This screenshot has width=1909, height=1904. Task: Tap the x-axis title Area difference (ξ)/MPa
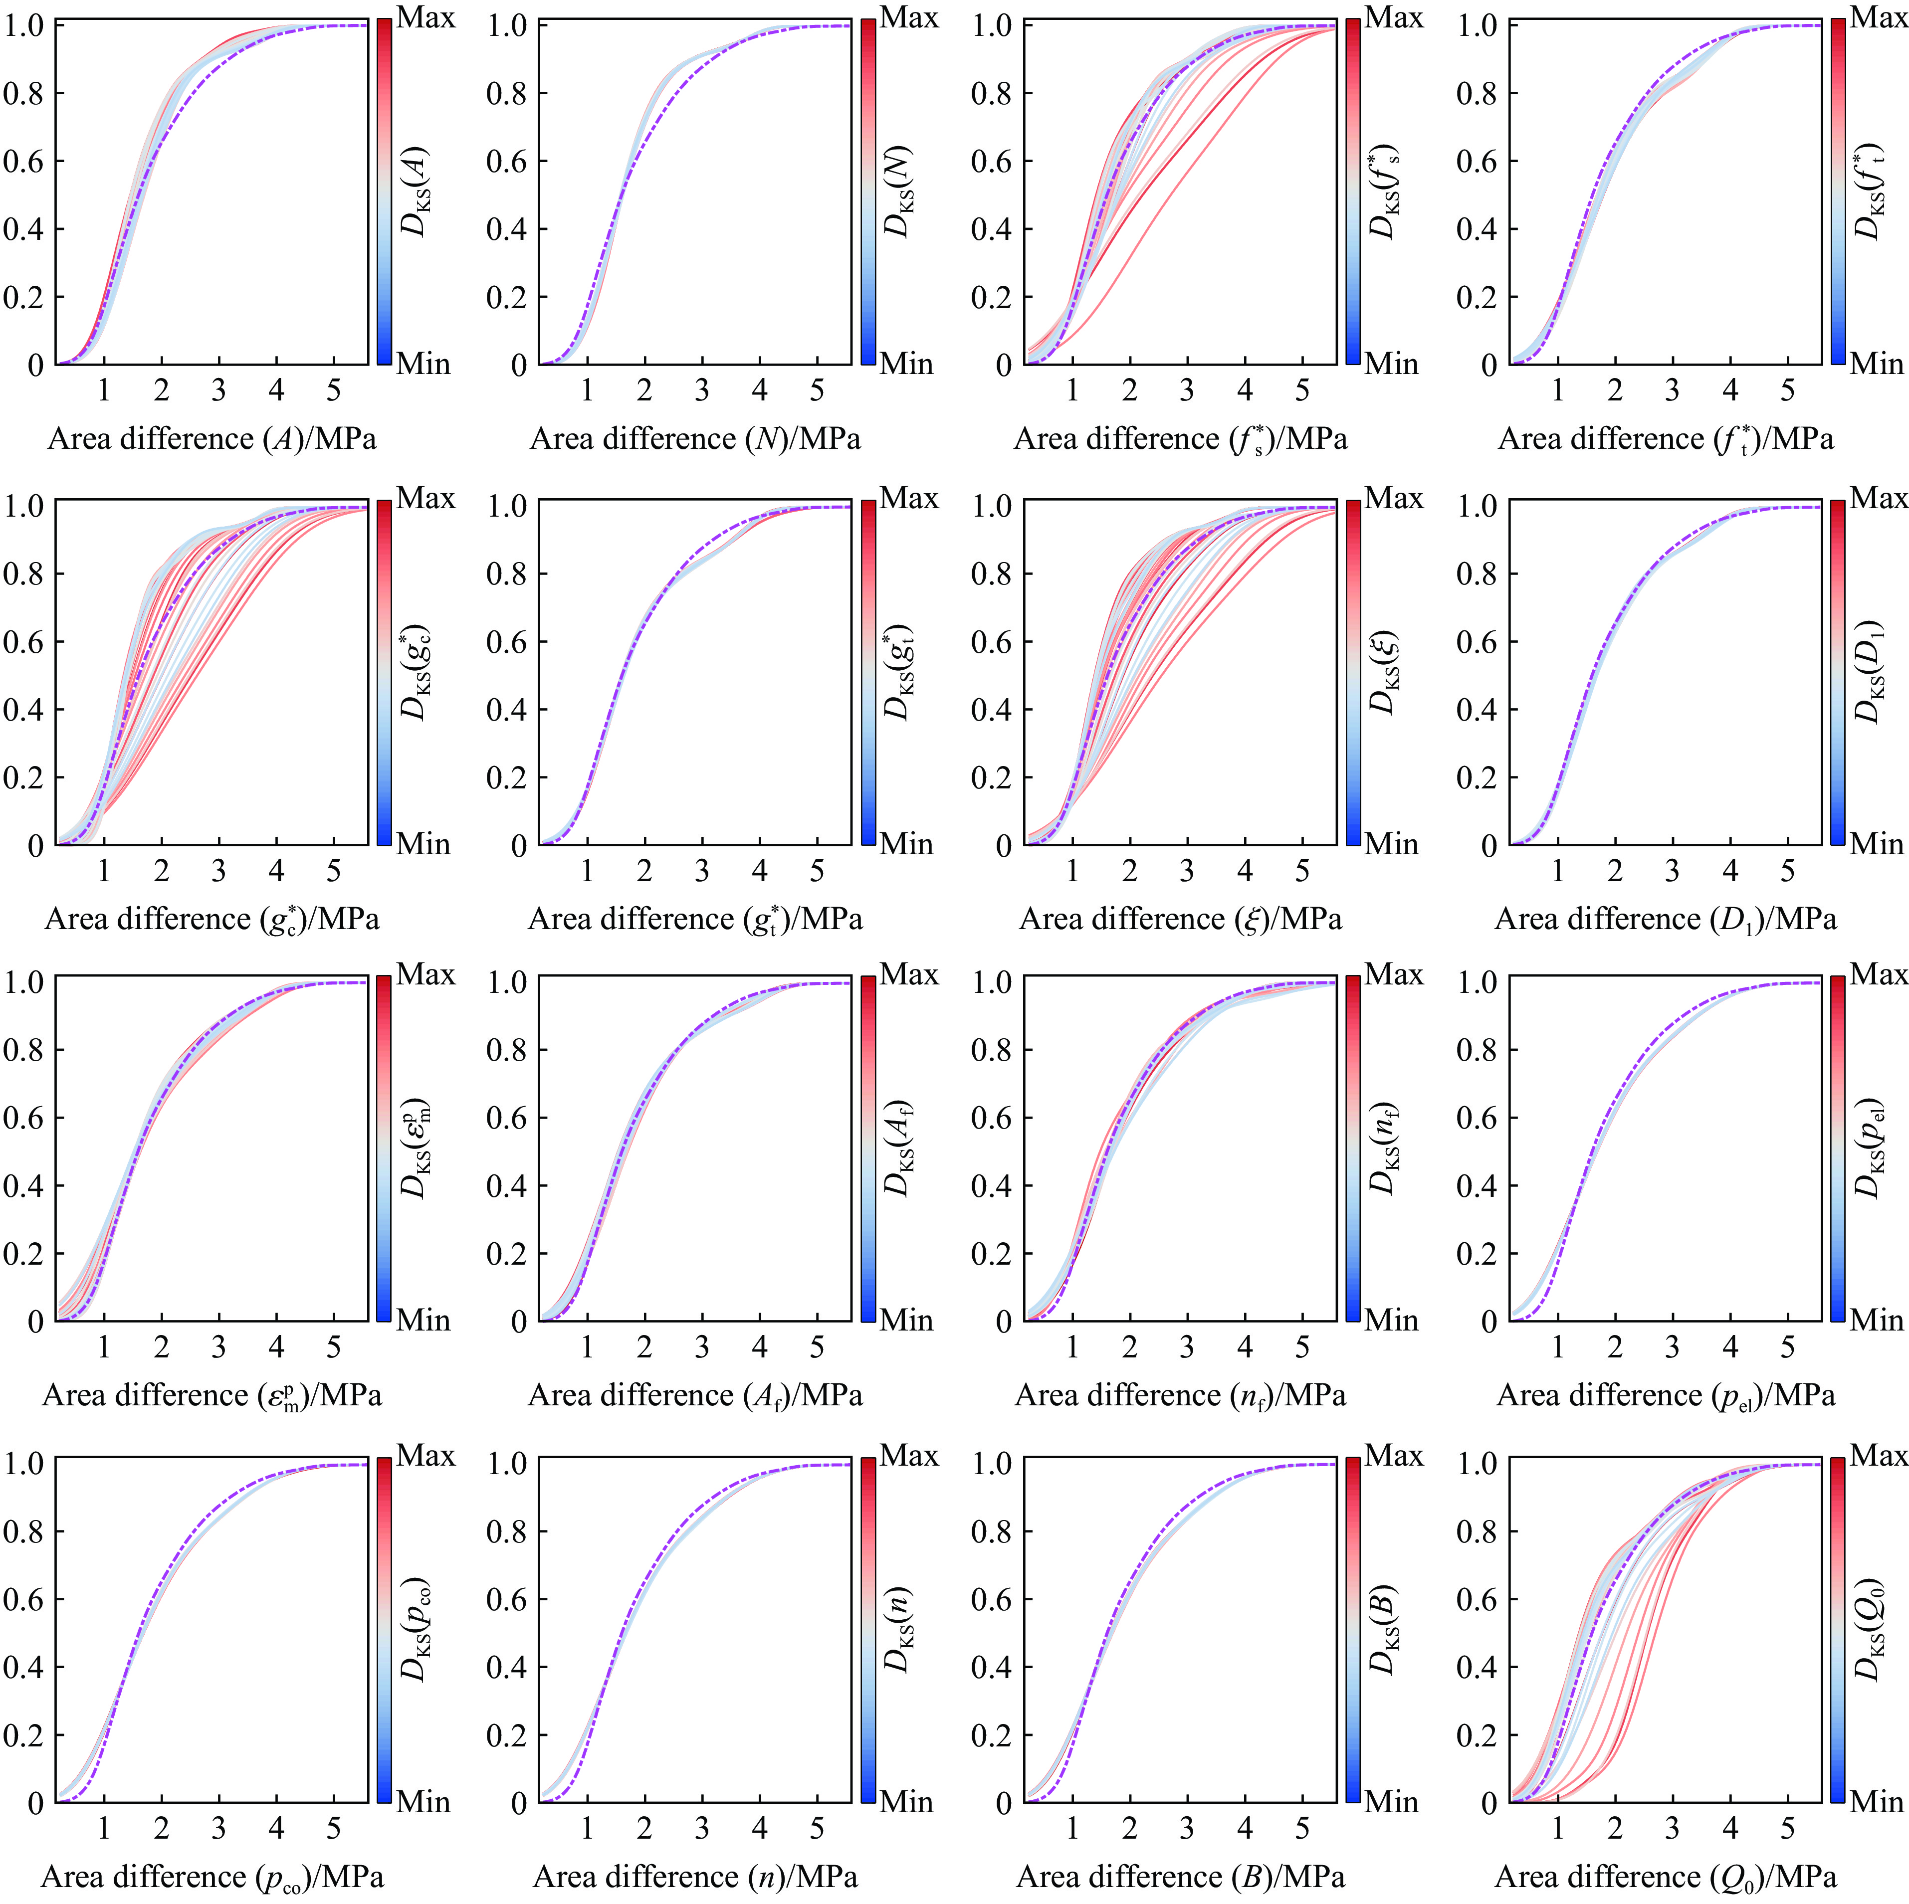(1181, 919)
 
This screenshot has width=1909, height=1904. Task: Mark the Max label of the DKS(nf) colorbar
(1393, 975)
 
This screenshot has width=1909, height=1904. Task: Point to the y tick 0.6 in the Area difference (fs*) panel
(992, 161)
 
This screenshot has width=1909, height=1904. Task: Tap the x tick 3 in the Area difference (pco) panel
(218, 1829)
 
